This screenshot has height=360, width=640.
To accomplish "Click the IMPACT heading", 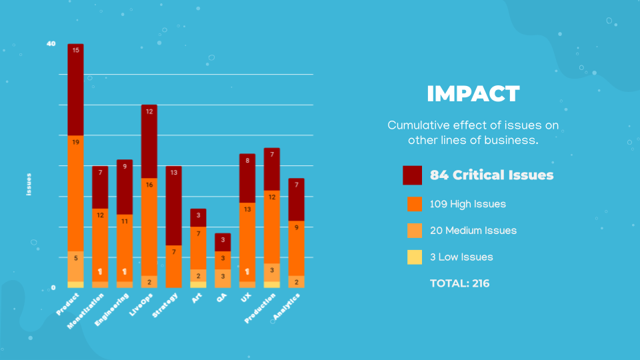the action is (473, 94).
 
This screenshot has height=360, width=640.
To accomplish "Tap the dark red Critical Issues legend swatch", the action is (412, 175).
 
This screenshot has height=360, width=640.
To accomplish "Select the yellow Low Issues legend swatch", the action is (414, 257).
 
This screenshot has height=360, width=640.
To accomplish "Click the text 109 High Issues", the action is (468, 204).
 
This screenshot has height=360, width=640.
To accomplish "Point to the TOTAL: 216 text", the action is (459, 283).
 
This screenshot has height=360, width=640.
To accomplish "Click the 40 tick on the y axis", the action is (51, 44).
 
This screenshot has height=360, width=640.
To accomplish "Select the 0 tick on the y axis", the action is (53, 288).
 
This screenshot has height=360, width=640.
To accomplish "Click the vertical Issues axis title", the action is (29, 185).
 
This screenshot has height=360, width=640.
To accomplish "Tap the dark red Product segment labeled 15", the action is (75, 89).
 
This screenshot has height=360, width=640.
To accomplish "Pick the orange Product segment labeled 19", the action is (75, 193).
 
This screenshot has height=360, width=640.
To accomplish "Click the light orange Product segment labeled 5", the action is (75, 267).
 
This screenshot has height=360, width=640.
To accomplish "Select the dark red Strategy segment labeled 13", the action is (174, 206).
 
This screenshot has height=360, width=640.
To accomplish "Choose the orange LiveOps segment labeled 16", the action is (149, 227).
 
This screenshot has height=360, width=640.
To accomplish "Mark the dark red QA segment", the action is (223, 243).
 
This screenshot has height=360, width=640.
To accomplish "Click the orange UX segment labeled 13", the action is (247, 242).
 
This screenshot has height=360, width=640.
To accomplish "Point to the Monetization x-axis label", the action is (85, 311).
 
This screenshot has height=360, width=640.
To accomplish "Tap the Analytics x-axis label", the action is (287, 307).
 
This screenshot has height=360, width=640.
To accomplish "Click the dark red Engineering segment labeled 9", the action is (125, 187).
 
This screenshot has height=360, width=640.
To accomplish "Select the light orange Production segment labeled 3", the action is (272, 273).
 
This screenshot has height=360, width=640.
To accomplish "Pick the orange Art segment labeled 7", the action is (199, 248).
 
